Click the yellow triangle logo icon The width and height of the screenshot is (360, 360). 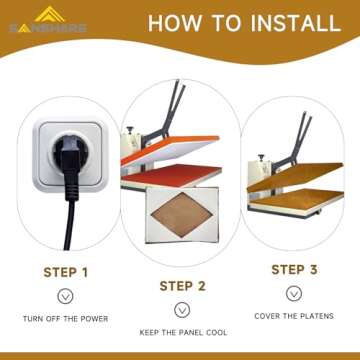pos(50,14)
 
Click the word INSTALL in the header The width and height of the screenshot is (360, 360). pos(296,23)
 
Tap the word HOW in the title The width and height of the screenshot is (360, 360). pos(175,23)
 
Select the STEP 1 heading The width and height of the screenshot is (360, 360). pos(66,272)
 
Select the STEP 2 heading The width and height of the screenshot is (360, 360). pos(183,286)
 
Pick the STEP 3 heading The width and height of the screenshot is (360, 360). pos(294,270)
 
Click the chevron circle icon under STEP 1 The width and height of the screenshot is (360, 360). pos(65,296)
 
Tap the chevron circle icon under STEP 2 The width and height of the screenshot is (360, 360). pos(182,310)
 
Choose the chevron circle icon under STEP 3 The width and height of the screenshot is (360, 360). pos(294,293)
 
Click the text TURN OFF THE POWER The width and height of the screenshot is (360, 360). pos(66,319)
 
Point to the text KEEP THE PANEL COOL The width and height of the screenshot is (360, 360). pos(183,333)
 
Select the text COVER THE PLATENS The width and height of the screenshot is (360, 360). pos(294,316)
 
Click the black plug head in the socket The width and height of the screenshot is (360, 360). pos(71,156)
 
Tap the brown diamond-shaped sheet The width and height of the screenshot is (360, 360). pos(182,214)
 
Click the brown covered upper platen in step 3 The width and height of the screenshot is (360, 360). pos(294,176)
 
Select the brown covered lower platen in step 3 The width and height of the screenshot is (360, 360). pos(297,199)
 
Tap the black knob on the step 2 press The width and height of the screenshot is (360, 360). pos(130,129)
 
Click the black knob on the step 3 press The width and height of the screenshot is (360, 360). pos(261,157)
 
